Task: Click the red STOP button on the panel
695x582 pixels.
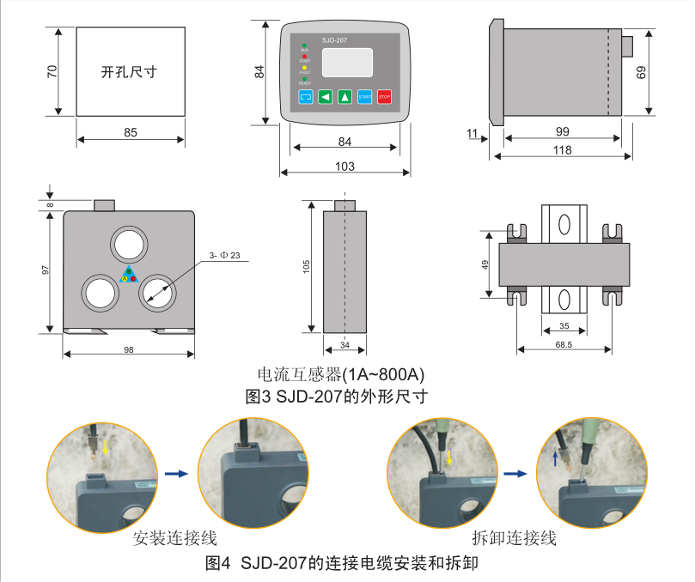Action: [384, 97]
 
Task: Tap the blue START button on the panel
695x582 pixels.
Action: [364, 97]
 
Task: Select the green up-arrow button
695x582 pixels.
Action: [344, 97]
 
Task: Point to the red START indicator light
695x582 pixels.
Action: [304, 56]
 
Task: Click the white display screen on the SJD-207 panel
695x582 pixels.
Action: [347, 63]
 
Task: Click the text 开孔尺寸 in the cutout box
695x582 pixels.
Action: [131, 73]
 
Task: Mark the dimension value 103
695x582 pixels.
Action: [344, 167]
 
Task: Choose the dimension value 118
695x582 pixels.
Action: [562, 150]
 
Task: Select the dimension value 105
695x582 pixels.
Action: [306, 267]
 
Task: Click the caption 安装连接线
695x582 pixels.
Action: [175, 538]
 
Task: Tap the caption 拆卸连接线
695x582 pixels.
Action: [514, 538]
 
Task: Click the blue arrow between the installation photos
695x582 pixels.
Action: [175, 473]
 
